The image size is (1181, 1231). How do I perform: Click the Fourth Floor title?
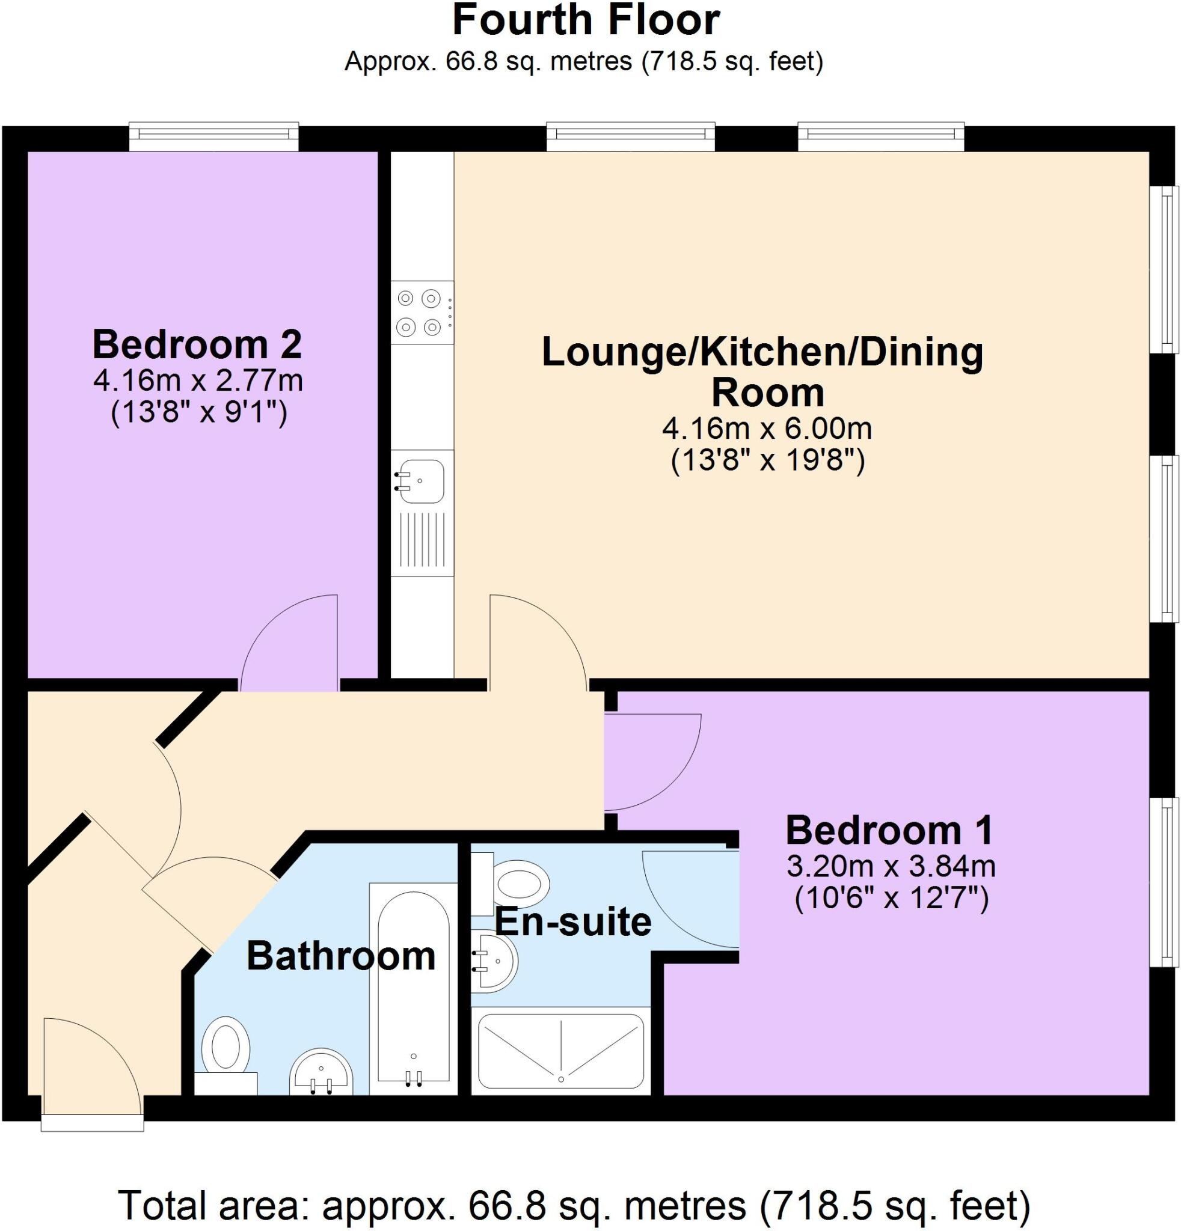coord(586,20)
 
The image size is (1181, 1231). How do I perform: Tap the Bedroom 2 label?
coord(197,345)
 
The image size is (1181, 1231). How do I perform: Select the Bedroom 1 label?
coord(889,830)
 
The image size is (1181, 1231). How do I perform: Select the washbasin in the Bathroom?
coord(321,1071)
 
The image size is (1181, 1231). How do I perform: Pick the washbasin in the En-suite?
coord(494,961)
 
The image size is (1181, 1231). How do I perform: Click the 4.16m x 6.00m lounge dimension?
coord(767,430)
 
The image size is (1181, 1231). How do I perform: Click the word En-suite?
coord(573,921)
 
